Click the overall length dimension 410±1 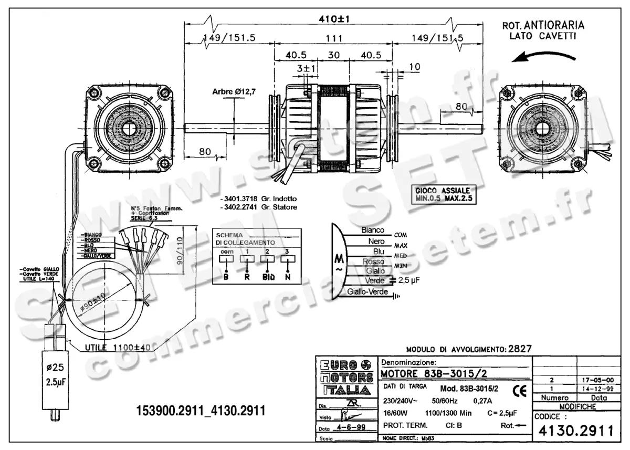[x=333, y=19]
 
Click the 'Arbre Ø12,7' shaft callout [x=234, y=91]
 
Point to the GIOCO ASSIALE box [x=442, y=194]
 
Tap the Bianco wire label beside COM [x=373, y=230]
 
